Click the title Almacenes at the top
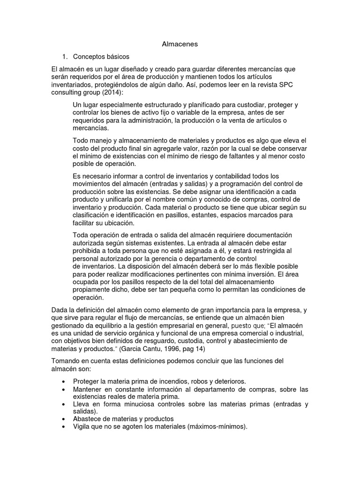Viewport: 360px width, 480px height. point(180,44)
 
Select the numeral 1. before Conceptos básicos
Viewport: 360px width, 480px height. point(65,57)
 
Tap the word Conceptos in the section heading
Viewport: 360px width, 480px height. point(90,57)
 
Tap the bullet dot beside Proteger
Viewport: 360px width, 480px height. point(63,382)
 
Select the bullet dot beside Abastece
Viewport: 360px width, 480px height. point(63,419)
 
